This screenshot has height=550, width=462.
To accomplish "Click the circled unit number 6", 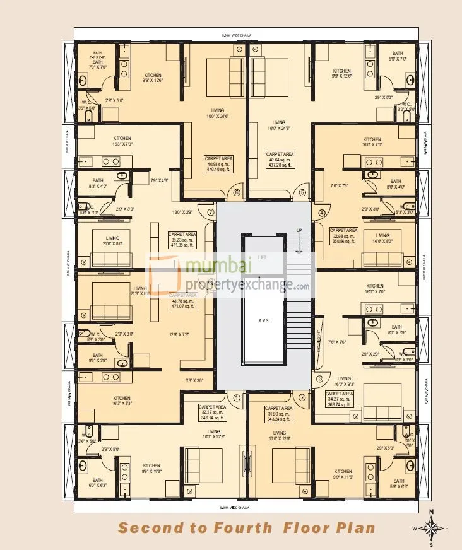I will click(x=237, y=193).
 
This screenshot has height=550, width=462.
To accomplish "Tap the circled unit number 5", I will click(x=302, y=193).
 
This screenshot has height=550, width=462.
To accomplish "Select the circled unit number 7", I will click(x=210, y=213).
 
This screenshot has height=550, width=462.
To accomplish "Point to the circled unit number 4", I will click(x=321, y=213).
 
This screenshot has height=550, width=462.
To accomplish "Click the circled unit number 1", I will click(x=237, y=397).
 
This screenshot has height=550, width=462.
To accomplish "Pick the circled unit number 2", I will click(x=302, y=397).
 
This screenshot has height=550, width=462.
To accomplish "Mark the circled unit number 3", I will click(x=320, y=378).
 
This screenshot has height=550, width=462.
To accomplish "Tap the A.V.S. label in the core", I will click(x=264, y=320).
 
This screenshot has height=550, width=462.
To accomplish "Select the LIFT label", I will click(x=263, y=257).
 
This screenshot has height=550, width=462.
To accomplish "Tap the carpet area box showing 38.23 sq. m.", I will click(x=182, y=240).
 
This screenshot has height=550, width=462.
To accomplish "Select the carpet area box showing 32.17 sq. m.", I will click(x=212, y=413).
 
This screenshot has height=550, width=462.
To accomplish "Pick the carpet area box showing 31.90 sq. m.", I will click(x=279, y=413).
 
